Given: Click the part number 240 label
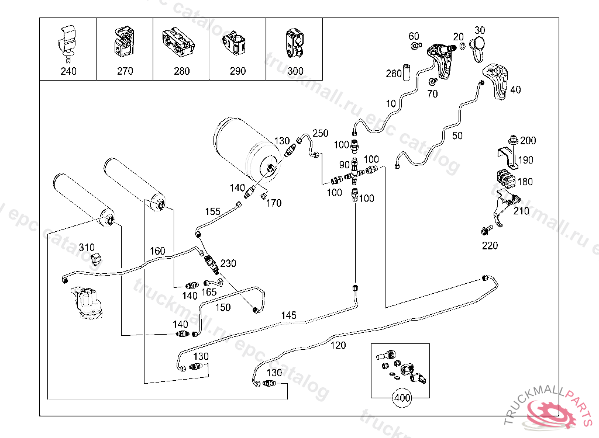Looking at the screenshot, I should coord(68,71).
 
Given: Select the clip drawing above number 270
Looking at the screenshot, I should coord(124,42).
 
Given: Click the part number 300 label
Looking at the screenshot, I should coord(295,71).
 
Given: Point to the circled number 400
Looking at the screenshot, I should coord(402,398).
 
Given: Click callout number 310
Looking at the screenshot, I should coord(87,247).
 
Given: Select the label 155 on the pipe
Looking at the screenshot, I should coord(212,211).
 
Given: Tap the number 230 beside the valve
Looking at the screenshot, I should coord(228,263).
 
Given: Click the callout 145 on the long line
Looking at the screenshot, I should coord(288,315).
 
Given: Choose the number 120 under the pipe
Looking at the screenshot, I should coord(338,345).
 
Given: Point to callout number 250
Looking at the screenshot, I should coord(321,133).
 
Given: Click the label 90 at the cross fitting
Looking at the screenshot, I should coord(344,165).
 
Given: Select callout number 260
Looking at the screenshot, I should coord(394,74).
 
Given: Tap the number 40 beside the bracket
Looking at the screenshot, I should coord(515,90).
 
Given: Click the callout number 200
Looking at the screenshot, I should coord(528,141).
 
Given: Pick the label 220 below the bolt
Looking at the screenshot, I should coord(490,246).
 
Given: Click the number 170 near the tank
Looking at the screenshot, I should coord(274,203).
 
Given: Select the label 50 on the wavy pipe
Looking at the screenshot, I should coord(457,135).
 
